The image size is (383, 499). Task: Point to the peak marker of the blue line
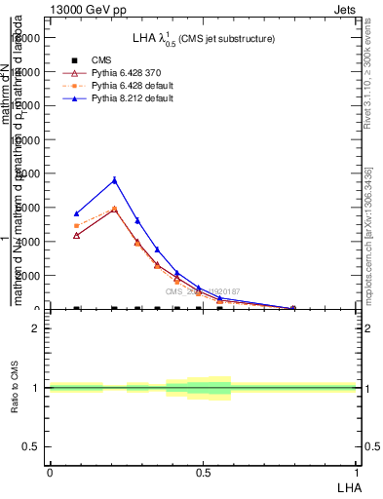point(114,179)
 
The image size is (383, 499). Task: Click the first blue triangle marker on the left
point(77,213)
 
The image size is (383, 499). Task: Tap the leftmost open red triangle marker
point(77,235)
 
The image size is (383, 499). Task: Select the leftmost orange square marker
point(77,226)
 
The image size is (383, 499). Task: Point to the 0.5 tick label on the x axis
point(203,473)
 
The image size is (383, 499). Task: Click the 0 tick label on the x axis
point(50,473)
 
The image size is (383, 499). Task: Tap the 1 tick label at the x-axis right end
point(358,473)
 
